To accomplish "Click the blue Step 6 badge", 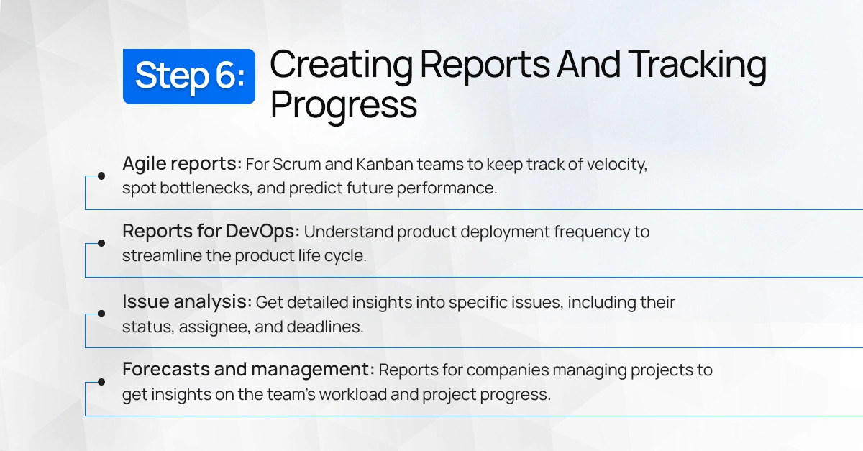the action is pyautogui.click(x=188, y=76).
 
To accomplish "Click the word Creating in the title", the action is pyautogui.click(x=341, y=65).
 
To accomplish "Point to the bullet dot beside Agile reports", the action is pyautogui.click(x=101, y=176).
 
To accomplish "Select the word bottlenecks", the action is pyautogui.click(x=206, y=188).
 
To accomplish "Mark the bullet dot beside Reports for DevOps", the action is pyautogui.click(x=101, y=243).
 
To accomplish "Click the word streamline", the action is pyautogui.click(x=162, y=256).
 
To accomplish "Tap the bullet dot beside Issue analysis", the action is pyautogui.click(x=101, y=314).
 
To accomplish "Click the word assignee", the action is pyautogui.click(x=214, y=327).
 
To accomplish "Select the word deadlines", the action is pyautogui.click(x=325, y=327).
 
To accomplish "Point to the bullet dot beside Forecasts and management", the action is pyautogui.click(x=101, y=382).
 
